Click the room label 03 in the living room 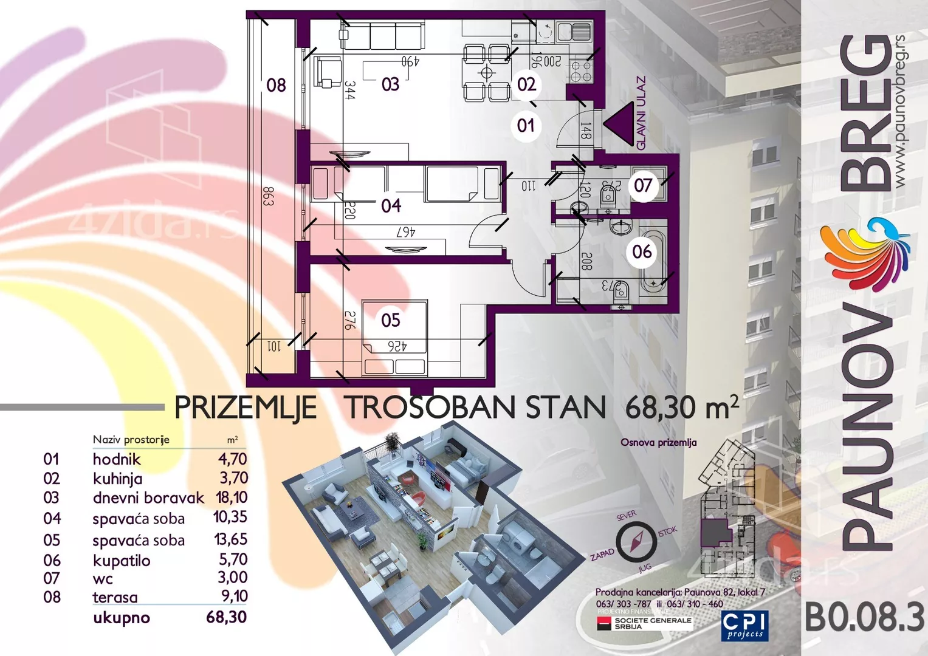[x=390, y=84]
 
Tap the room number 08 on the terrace [x=276, y=85]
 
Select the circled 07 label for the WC [x=642, y=185]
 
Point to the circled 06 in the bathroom [x=642, y=251]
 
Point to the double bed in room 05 [x=395, y=338]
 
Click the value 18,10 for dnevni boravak [x=232, y=497]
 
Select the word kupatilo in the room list [x=122, y=560]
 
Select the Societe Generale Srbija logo [x=644, y=624]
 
